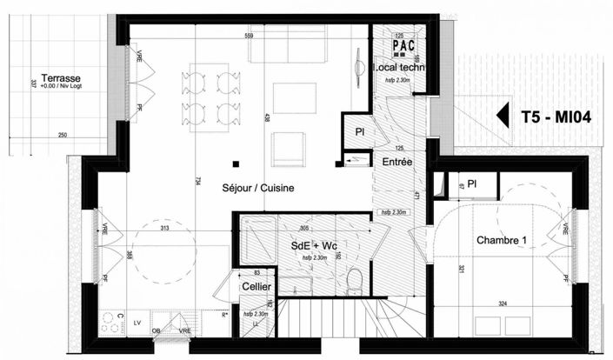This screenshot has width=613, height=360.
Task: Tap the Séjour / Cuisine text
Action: (257, 188)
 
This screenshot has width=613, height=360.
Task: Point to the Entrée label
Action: (397, 162)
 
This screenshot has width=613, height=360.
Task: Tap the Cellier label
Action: (256, 286)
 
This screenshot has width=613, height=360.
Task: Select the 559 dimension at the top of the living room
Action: (249, 37)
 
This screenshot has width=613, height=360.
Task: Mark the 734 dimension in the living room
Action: (198, 180)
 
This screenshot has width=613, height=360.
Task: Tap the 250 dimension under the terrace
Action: (63, 136)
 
